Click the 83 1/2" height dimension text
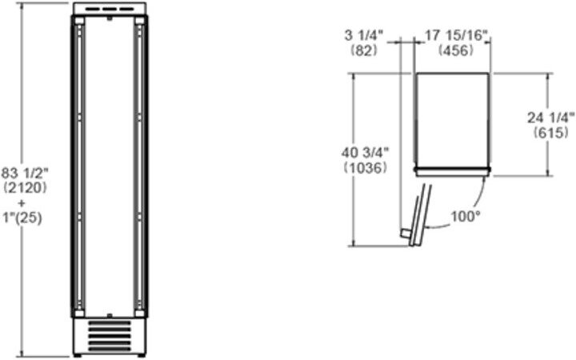pyautogui.click(x=25, y=173)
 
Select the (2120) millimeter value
pyautogui.click(x=25, y=188)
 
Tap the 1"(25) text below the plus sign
pyautogui.click(x=22, y=218)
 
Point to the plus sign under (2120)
pyautogui.click(x=22, y=203)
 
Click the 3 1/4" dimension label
pyautogui.click(x=364, y=35)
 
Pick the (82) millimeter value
pyautogui.click(x=364, y=50)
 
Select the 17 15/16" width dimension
pyautogui.click(x=456, y=35)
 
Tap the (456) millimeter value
pyautogui.click(x=455, y=50)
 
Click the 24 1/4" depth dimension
pyautogui.click(x=551, y=118)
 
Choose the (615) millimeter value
pyautogui.click(x=551, y=132)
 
